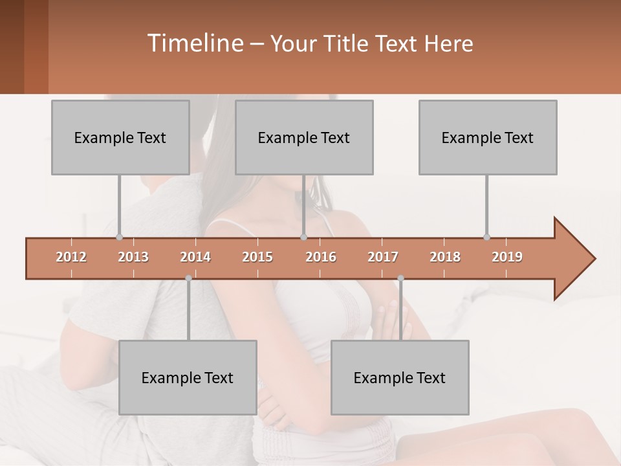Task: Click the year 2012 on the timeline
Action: [71, 257]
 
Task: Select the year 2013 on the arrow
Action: [133, 257]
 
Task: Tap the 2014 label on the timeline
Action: [195, 257]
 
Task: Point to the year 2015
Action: [257, 257]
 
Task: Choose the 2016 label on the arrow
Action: [321, 257]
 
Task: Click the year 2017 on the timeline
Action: [383, 257]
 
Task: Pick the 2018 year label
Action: [445, 257]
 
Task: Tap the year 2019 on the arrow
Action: [507, 257]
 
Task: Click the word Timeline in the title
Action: [194, 43]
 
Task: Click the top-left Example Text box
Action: [120, 137]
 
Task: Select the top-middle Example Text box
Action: [304, 137]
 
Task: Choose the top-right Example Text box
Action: [488, 137]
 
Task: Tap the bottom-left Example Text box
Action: [188, 377]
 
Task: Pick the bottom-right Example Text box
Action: [400, 377]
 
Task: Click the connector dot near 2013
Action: [119, 237]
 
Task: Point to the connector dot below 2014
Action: [188, 278]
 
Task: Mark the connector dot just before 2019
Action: [486, 237]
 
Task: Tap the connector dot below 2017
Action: [400, 278]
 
